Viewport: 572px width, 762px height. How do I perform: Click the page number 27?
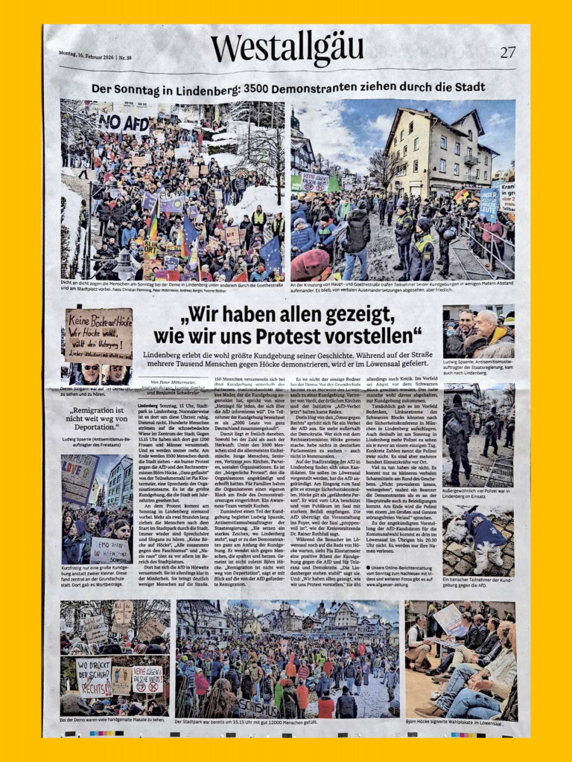point(507,52)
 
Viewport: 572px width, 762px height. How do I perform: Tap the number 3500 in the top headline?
point(249,89)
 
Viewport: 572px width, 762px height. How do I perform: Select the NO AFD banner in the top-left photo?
point(124,123)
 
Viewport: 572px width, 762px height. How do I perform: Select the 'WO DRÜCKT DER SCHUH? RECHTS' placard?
point(94,676)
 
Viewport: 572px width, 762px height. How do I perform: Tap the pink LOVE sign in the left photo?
point(77,474)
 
